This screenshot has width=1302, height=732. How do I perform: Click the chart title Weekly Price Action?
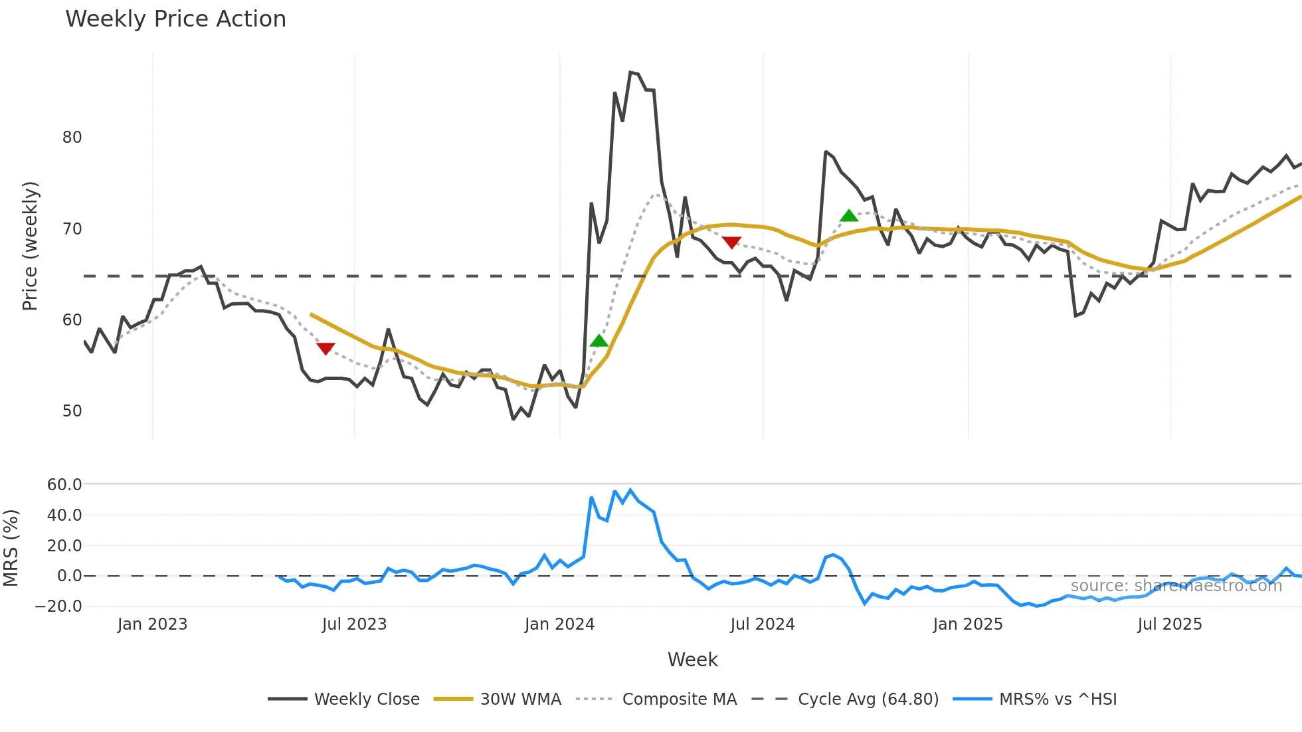tap(175, 19)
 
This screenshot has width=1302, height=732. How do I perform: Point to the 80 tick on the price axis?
tap(72, 137)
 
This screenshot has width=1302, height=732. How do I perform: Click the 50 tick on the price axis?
tap(72, 411)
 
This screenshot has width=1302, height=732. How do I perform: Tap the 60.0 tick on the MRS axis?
tap(64, 485)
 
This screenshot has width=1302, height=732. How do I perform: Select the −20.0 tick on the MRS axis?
tap(58, 606)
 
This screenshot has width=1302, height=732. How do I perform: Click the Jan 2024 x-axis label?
tap(559, 624)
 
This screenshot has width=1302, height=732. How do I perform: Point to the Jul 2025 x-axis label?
tap(1169, 624)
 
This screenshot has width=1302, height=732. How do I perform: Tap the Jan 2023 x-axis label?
tap(152, 624)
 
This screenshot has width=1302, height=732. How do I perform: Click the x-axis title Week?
tap(692, 660)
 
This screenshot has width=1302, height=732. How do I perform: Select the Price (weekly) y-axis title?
tap(30, 246)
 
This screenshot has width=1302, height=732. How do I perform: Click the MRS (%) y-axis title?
tap(11, 548)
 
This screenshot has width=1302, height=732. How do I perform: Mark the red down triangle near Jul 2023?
tap(325, 349)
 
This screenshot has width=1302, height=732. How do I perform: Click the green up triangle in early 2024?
tap(599, 341)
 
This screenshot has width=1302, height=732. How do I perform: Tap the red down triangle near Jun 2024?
tap(731, 242)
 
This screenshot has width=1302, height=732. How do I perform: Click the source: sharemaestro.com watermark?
tap(1176, 586)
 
